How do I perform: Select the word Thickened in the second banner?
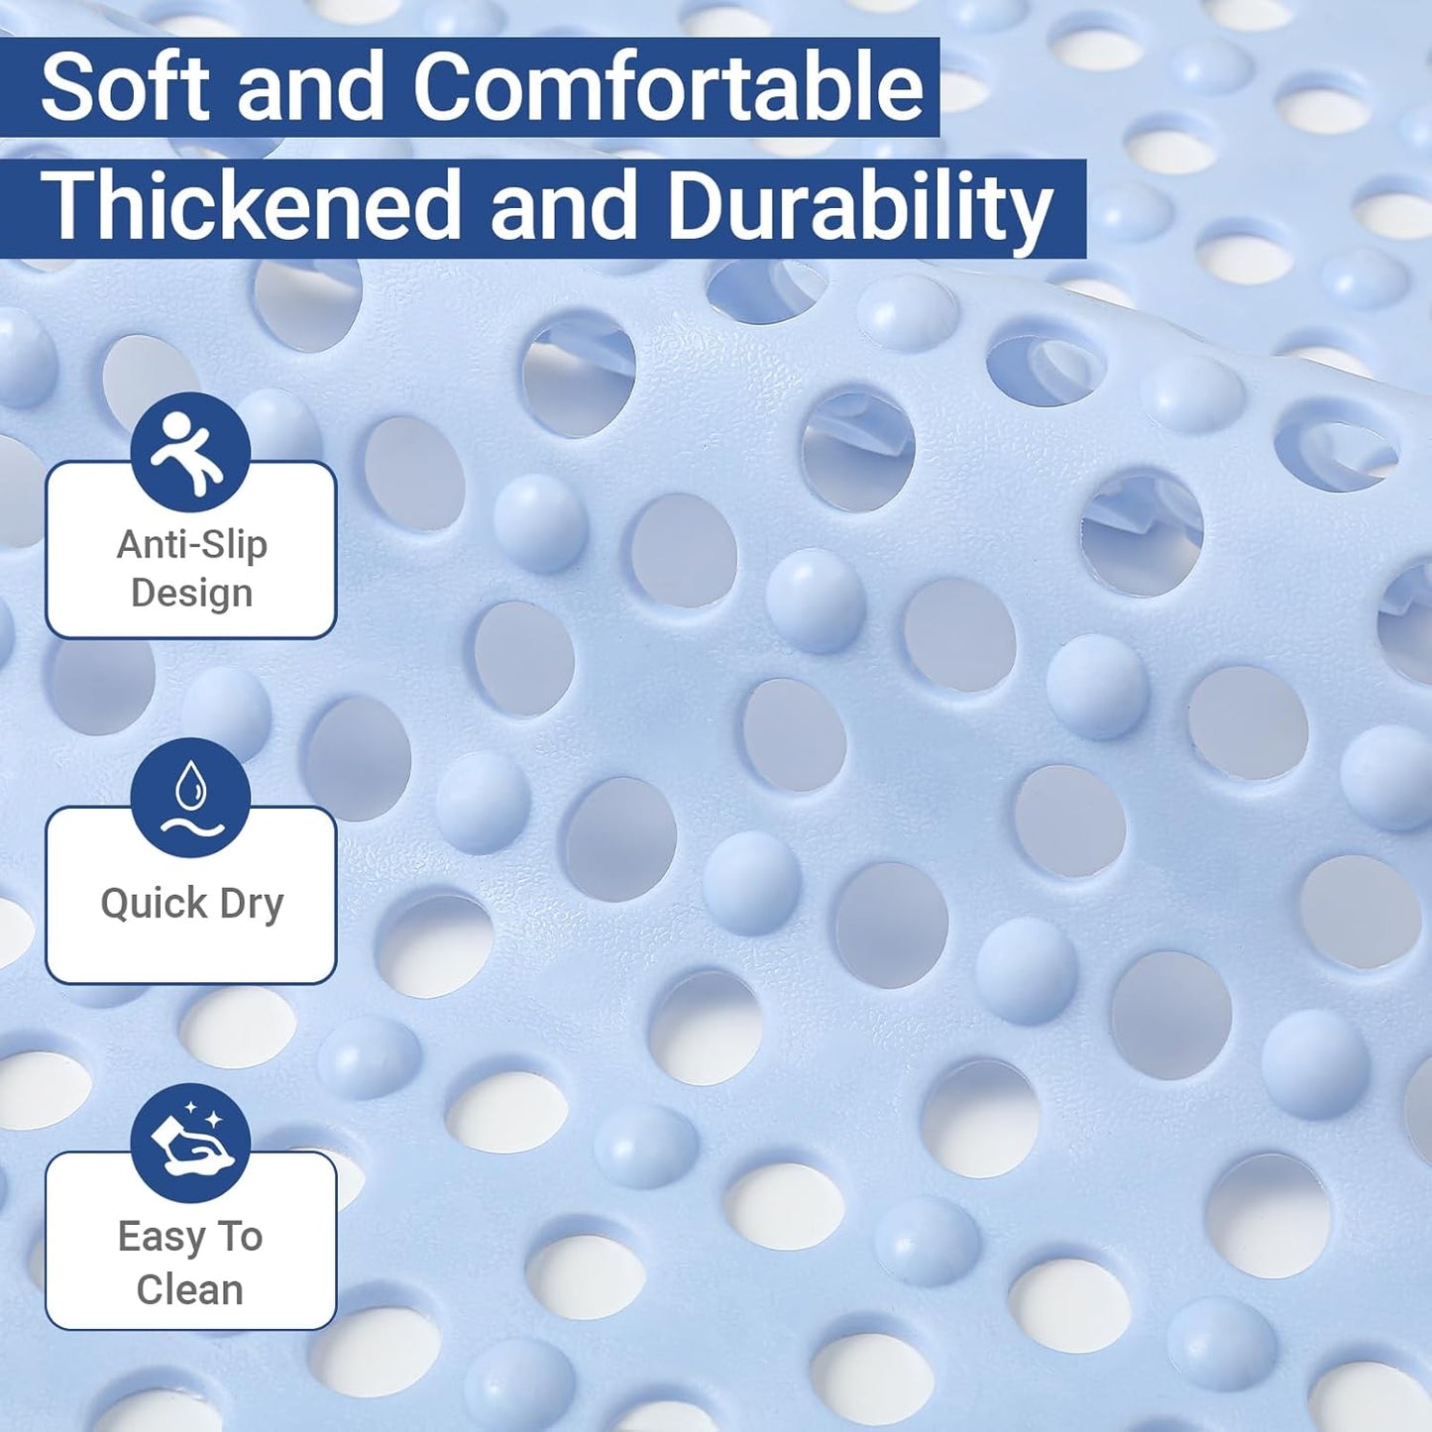(x=251, y=206)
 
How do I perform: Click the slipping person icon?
(x=189, y=453)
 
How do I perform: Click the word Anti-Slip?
(x=191, y=544)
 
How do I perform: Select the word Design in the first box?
(x=191, y=593)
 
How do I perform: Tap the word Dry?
(x=252, y=903)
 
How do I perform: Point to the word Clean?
(x=190, y=1289)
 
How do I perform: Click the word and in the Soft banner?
(x=310, y=87)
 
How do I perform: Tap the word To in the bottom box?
(x=240, y=1237)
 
